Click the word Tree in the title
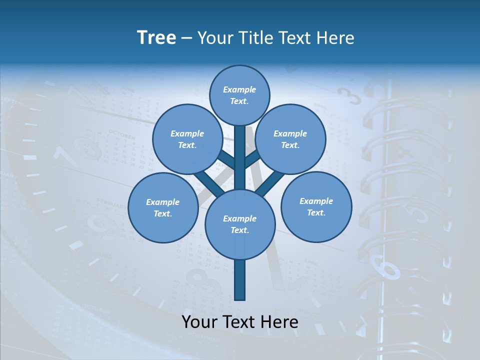(x=156, y=37)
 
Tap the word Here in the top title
(x=334, y=37)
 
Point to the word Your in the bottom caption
(x=199, y=321)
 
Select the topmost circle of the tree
(x=239, y=95)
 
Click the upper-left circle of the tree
(x=187, y=139)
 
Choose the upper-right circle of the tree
(x=290, y=139)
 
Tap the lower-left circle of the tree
(x=162, y=207)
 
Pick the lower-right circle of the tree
(x=316, y=206)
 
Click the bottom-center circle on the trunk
(x=239, y=224)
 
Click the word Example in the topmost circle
(x=239, y=89)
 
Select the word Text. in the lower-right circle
(x=316, y=212)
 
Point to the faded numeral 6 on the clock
(x=388, y=270)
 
